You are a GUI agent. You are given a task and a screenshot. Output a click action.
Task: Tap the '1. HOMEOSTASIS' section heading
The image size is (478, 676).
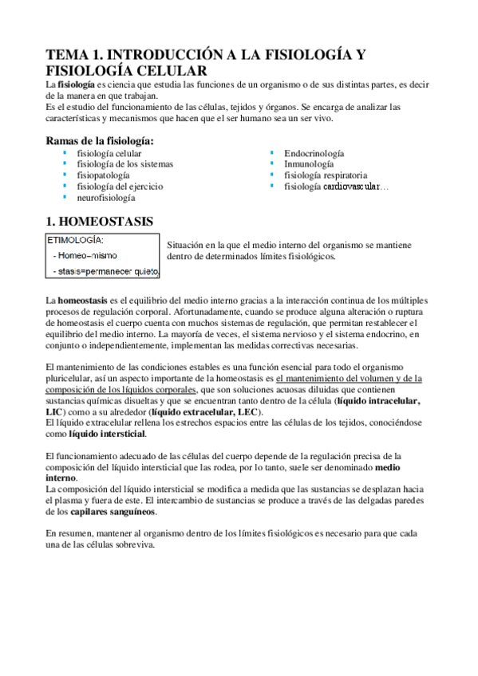(x=99, y=220)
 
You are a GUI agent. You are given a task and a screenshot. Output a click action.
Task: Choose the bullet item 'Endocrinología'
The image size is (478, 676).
(x=314, y=152)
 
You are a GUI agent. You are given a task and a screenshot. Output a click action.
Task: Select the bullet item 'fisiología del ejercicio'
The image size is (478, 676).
(x=120, y=186)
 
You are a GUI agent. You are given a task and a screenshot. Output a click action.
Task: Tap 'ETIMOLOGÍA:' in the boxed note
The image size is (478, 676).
(x=77, y=239)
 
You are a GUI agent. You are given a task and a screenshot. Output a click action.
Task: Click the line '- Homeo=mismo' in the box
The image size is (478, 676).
(x=85, y=256)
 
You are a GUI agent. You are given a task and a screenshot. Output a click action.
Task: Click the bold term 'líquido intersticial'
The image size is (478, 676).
(x=108, y=434)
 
